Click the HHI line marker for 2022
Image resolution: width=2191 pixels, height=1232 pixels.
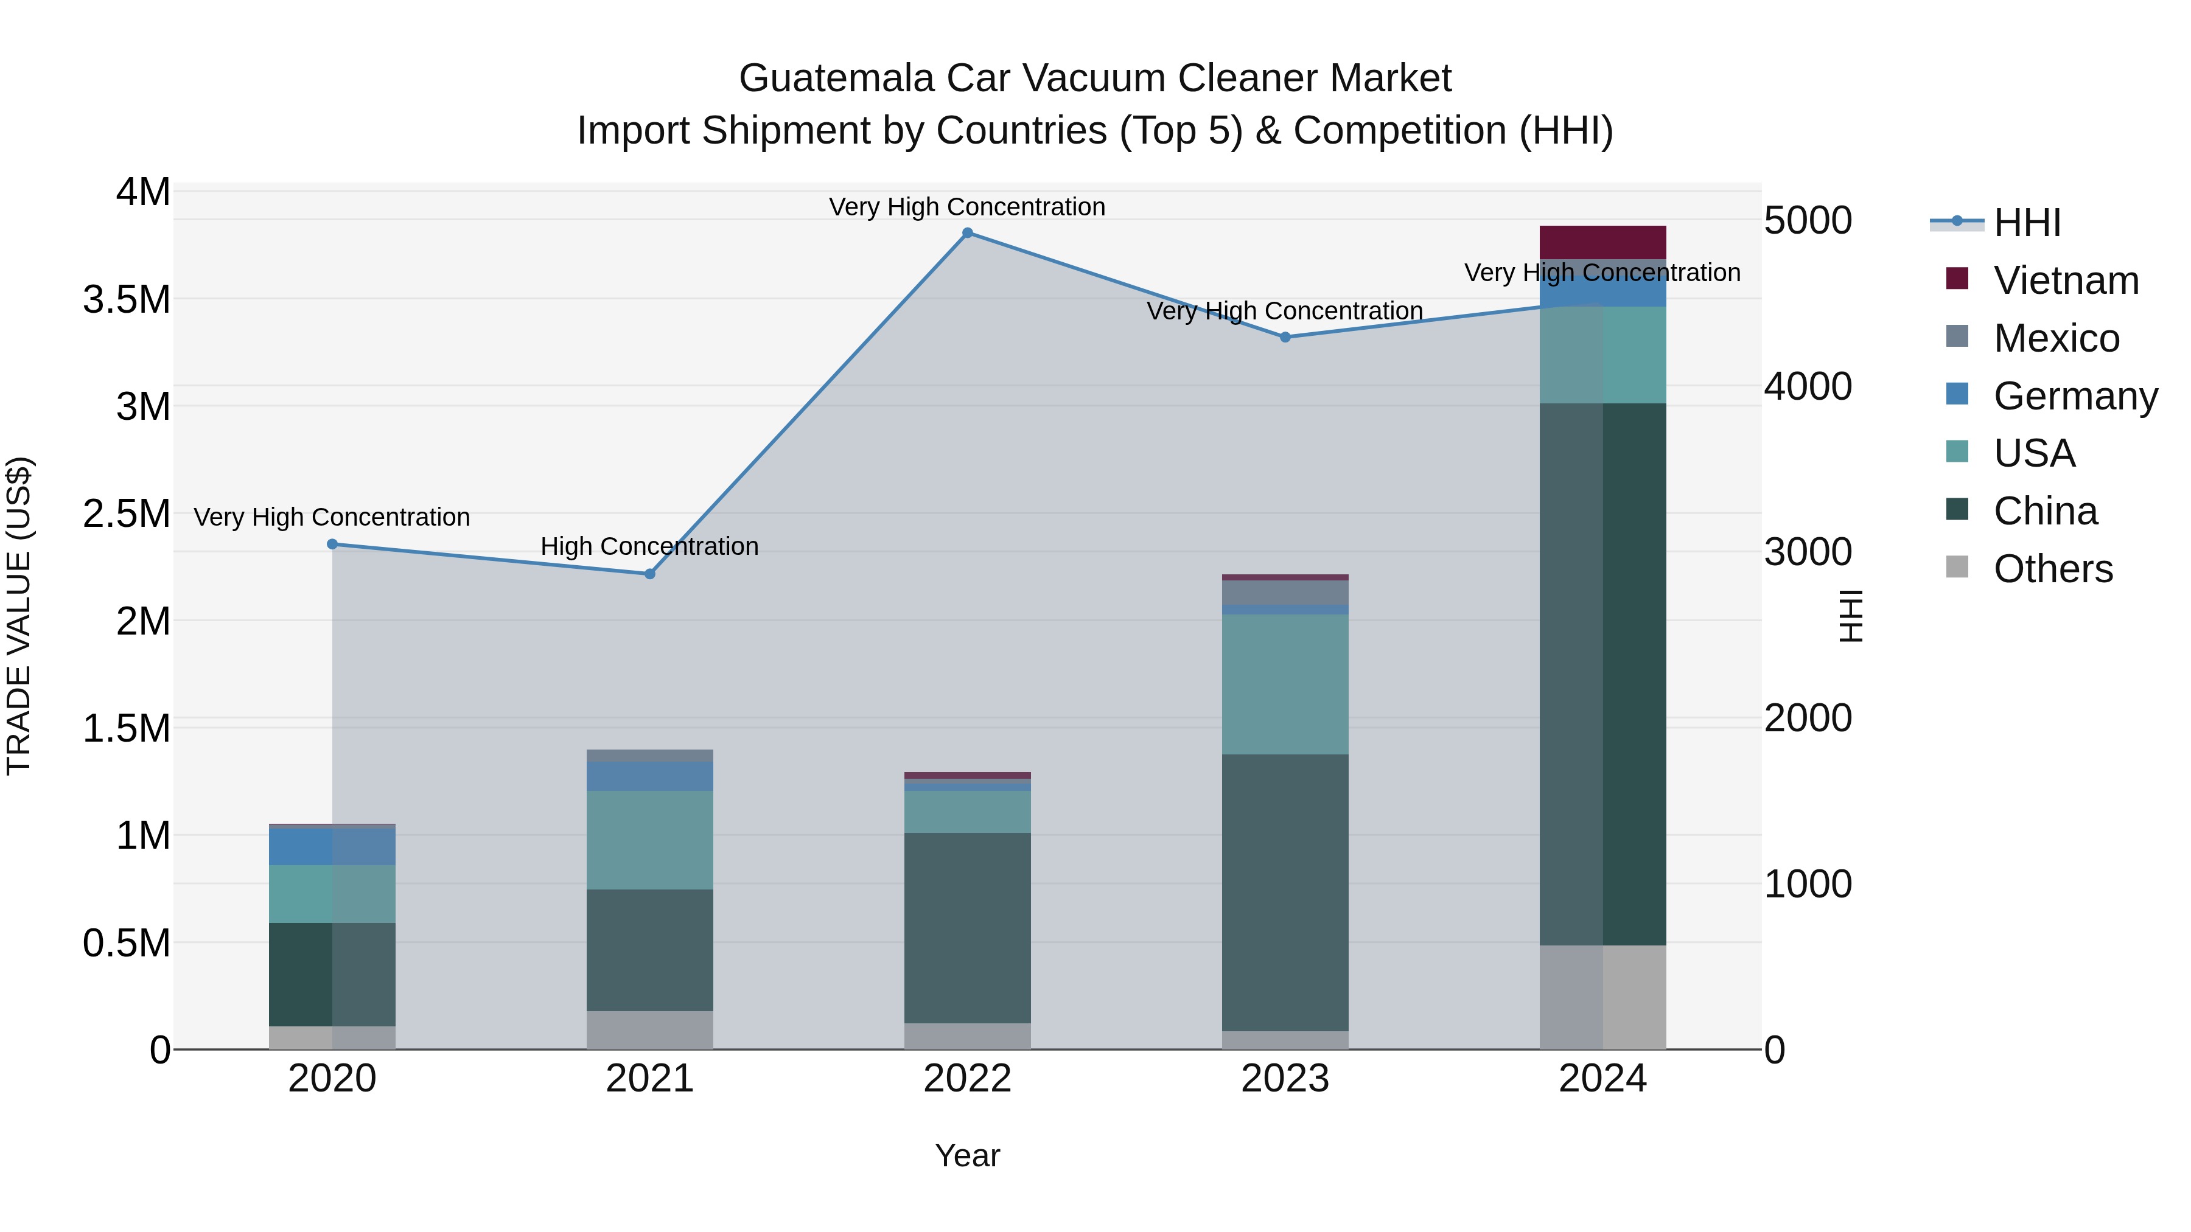point(967,233)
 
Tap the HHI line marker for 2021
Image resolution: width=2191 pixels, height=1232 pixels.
point(650,574)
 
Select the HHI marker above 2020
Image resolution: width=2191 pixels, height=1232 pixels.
point(332,544)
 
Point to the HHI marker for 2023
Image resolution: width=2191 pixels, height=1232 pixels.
point(1285,338)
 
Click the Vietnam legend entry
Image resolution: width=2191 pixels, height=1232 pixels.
point(2065,280)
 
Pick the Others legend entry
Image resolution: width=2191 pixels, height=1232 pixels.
point(2052,569)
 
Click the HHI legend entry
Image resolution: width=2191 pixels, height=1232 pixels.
point(2027,223)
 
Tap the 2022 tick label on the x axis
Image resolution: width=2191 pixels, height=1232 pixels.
point(967,1079)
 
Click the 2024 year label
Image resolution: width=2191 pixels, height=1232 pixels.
point(1602,1079)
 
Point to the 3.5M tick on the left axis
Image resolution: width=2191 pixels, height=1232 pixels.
point(127,300)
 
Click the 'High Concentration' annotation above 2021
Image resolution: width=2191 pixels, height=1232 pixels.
point(650,547)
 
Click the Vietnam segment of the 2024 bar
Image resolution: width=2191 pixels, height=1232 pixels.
point(1602,242)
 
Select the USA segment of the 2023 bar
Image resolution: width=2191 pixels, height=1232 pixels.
point(1285,684)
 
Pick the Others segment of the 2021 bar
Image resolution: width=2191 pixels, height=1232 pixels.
point(650,1029)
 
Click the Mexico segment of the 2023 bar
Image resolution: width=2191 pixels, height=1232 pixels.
point(1285,592)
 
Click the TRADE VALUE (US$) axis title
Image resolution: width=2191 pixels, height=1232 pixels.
point(19,616)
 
